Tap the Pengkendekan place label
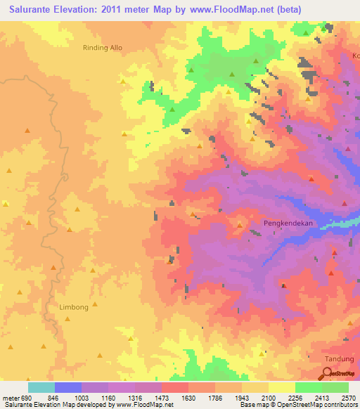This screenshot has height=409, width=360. coord(287,223)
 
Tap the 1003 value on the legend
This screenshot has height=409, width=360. coord(95,398)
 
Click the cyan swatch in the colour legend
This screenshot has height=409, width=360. coord(41,387)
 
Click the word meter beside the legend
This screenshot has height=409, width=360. coord(9,398)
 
